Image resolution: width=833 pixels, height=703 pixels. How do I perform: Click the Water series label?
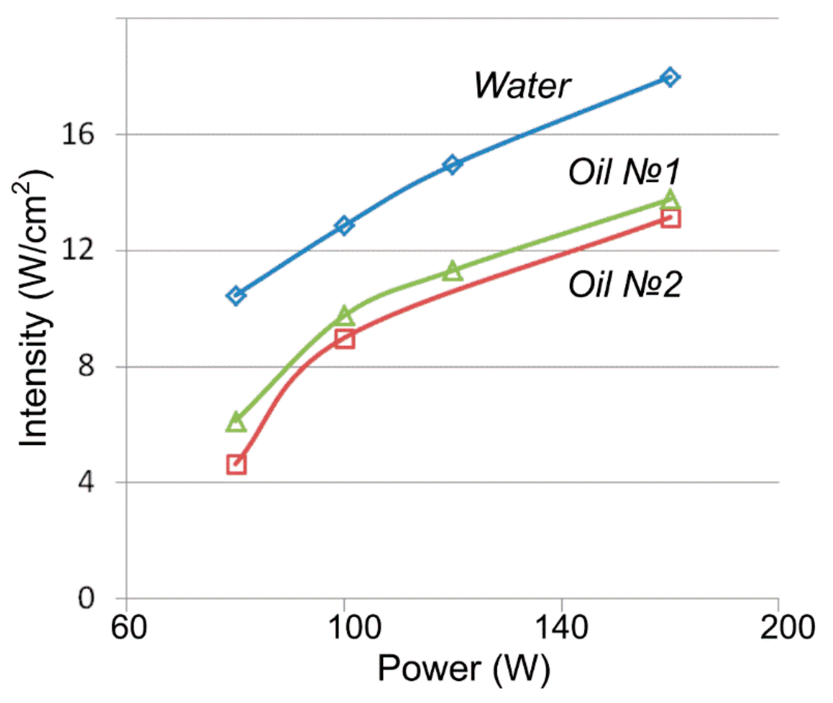522,86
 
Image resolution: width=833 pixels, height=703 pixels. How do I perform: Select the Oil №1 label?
624,173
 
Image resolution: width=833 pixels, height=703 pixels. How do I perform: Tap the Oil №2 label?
625,285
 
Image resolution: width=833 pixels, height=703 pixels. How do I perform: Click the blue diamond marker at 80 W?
236,296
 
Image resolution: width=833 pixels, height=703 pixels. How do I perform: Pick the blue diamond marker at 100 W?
344,225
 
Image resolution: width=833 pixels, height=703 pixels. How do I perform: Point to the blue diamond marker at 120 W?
452,165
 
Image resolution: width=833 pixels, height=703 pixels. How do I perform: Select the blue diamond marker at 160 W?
670,77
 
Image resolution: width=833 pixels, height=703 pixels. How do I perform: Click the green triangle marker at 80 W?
236,423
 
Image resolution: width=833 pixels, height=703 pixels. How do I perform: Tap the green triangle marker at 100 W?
344,316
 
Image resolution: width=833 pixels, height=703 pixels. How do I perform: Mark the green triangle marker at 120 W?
452,271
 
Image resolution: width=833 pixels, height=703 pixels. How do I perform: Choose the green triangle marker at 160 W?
670,199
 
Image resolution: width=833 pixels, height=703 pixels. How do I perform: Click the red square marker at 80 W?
236,465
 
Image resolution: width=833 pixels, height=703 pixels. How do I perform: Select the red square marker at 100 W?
344,339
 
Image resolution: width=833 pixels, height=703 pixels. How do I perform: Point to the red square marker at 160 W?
670,219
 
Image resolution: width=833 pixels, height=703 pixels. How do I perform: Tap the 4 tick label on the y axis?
85,482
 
